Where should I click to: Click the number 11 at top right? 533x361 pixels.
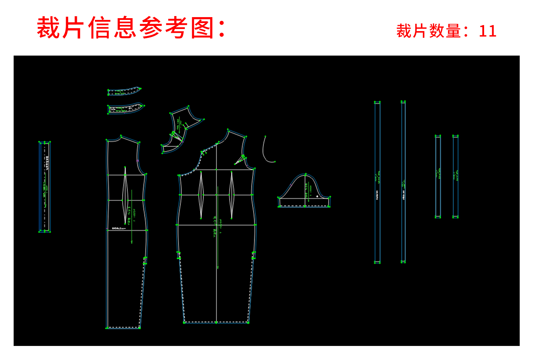tap(487, 31)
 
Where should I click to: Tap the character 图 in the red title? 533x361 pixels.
tap(202, 28)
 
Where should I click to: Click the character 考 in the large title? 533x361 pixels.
tap(176, 28)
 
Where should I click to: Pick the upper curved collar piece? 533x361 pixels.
tap(124, 91)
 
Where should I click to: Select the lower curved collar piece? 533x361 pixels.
tap(126, 108)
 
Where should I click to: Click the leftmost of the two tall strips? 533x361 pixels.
tap(377, 182)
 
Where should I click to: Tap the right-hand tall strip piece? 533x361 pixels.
tap(403, 182)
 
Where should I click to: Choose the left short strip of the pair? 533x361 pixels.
tap(438, 176)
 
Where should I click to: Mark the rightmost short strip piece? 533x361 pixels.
tap(455, 176)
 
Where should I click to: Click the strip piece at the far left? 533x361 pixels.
tap(44, 187)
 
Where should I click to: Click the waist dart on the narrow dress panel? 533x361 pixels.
tap(125, 196)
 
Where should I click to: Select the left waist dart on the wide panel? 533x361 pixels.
tap(201, 195)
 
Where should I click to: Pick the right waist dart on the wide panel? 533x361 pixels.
tap(231, 195)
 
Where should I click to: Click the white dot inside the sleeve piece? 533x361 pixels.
tap(317, 196)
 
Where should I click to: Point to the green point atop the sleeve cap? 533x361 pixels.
tap(306, 174)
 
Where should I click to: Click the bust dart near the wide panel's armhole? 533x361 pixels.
tap(240, 160)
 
